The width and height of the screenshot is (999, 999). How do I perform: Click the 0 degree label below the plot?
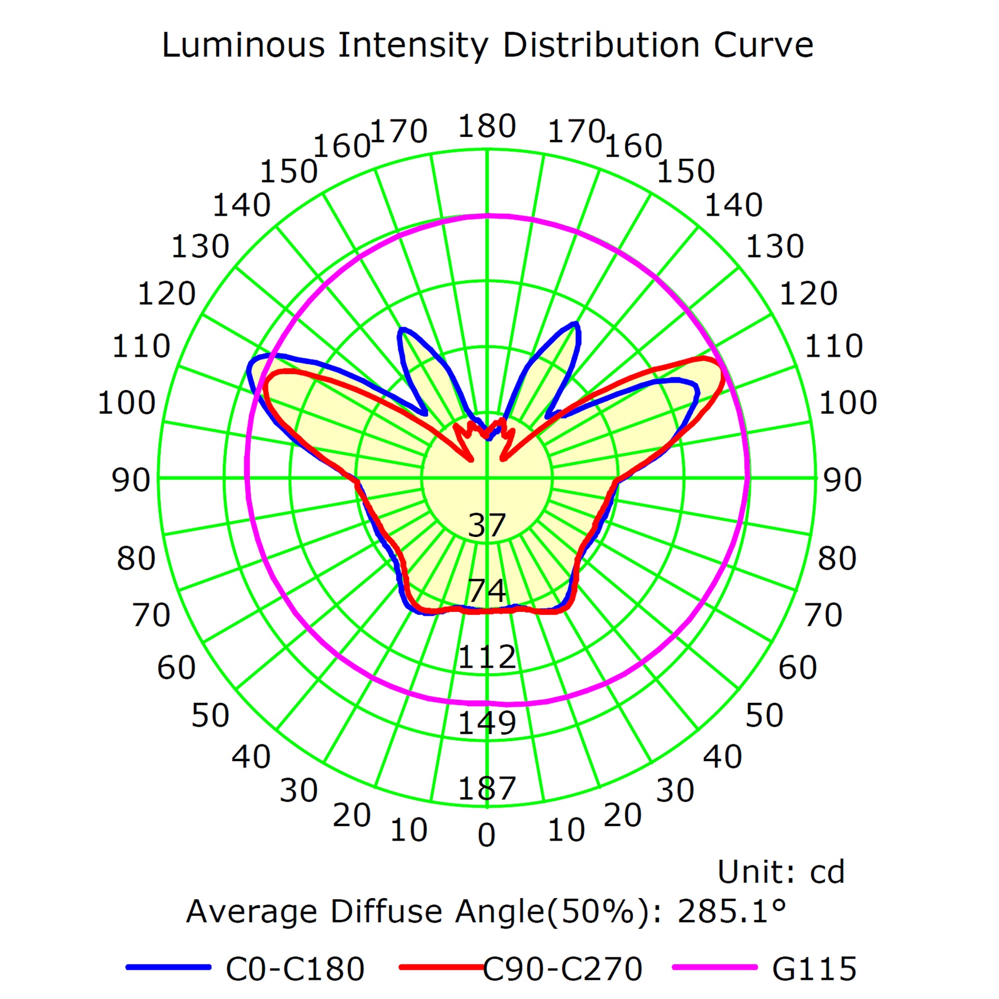486,836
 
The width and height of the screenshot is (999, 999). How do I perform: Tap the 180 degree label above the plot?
487,126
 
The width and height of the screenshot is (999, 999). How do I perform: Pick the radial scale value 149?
487,723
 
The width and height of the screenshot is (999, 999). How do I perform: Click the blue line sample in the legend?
169,967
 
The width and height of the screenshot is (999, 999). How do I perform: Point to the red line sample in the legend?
441,967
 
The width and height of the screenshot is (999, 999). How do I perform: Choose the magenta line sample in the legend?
715,967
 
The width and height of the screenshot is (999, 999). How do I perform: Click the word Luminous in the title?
244,45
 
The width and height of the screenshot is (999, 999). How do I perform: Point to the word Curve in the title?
763,45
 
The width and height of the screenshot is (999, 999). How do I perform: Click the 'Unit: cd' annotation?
781,872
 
